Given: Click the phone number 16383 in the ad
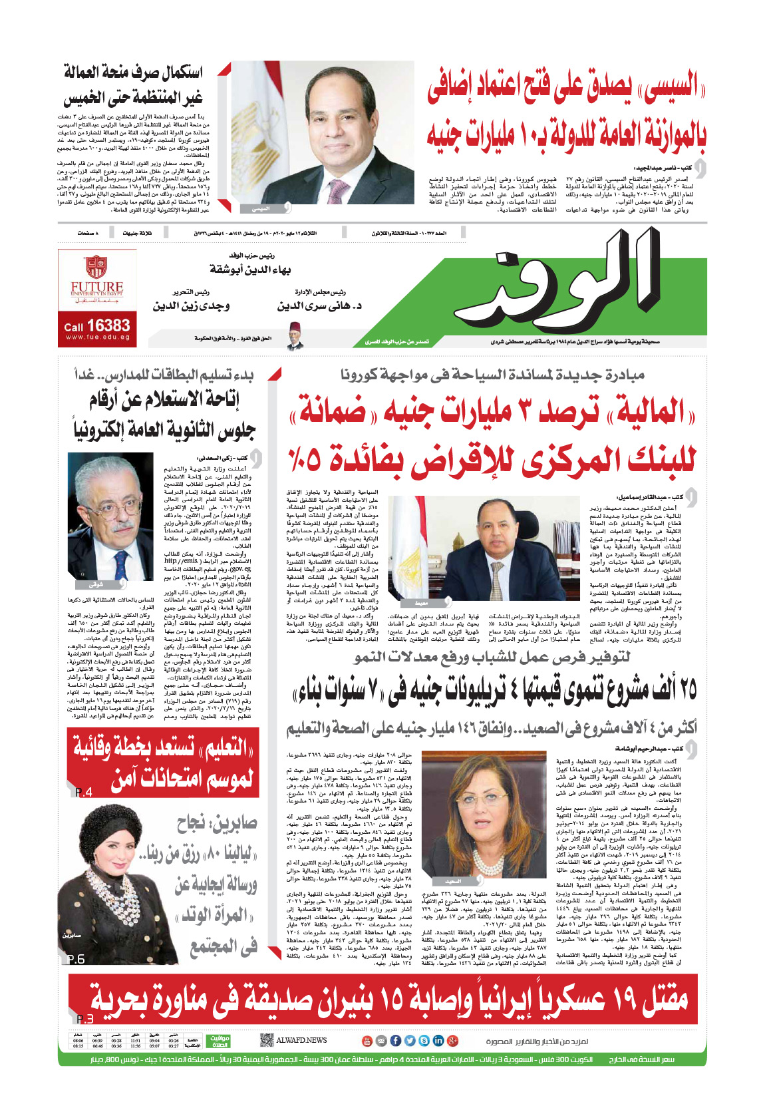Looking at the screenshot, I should coord(108,325).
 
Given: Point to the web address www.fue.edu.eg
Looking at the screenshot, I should coord(97,337).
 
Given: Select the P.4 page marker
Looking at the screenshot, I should coord(84,792).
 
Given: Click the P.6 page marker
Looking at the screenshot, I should coord(76,959).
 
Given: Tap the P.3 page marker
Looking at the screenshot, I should coord(85,1019).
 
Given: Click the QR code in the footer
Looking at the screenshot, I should coord(266,1040).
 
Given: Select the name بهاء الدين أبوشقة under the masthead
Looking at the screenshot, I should coord(251,270).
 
